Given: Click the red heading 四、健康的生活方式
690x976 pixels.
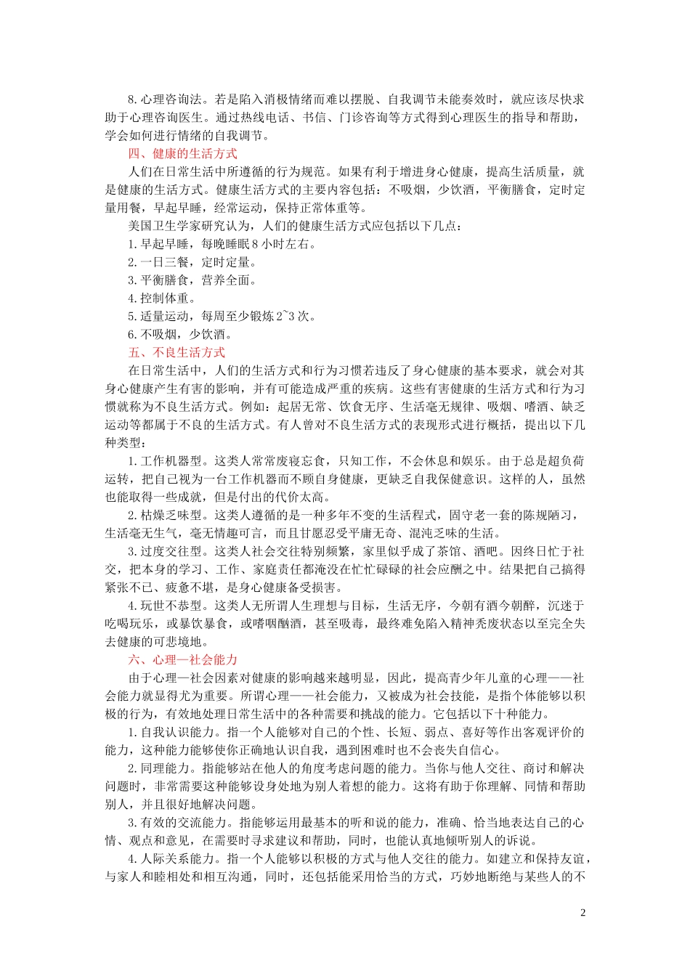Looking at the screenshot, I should [182, 154].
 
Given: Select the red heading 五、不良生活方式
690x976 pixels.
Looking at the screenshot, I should [176, 353].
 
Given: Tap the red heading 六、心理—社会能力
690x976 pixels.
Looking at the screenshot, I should [182, 660].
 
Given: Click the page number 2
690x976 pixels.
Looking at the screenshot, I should [583, 913].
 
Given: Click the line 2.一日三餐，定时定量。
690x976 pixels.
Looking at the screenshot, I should [192, 263].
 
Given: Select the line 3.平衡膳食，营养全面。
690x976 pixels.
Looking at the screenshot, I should [192, 280].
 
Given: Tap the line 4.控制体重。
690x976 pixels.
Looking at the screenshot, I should [162, 298].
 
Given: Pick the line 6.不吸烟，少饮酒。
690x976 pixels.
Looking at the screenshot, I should [180, 335].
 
